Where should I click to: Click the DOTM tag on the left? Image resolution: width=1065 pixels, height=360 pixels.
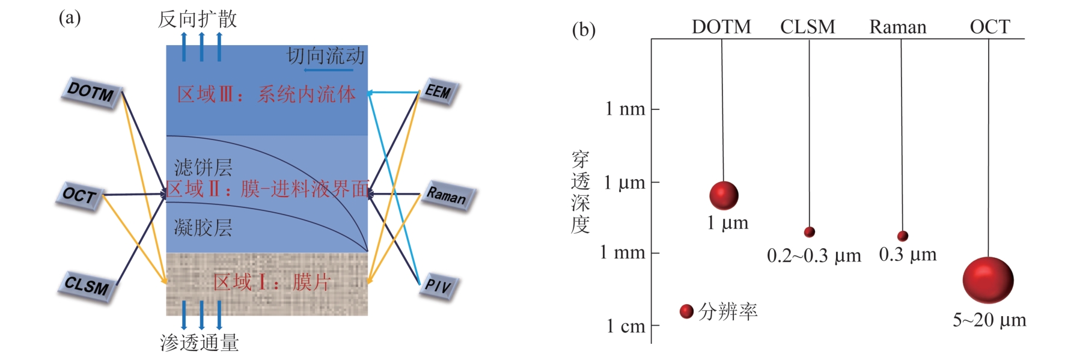pos(91,93)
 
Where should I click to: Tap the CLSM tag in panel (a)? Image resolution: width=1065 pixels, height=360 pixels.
pos(87,285)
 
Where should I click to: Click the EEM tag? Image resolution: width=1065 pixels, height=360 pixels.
pos(438,91)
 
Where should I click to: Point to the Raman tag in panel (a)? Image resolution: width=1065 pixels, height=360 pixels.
pos(447,195)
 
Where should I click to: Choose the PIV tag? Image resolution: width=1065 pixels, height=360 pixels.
pos(438,285)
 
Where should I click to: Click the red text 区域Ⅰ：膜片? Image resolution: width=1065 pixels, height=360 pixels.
pos(272,282)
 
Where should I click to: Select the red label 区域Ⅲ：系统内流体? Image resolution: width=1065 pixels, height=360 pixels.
pos(266,94)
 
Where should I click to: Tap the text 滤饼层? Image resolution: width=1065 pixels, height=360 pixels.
pos(203,167)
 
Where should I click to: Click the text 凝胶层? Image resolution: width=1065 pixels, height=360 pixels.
pos(203,228)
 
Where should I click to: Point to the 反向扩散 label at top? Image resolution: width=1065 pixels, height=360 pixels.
pos(197,19)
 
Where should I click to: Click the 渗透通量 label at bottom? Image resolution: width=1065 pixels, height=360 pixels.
pos(200,343)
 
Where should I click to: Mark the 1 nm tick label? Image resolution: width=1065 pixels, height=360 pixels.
pos(624,109)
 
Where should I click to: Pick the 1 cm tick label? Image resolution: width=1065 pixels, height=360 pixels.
pos(625,326)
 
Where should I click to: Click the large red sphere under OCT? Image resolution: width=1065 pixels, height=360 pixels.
pos(988,280)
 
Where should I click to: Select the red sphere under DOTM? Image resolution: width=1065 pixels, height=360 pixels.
pos(724,195)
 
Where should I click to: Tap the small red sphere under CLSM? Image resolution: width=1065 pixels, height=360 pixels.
pos(810,232)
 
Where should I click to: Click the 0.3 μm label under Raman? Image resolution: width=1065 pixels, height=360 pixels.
pos(908,255)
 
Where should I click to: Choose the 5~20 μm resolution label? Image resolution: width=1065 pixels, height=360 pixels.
pos(989,320)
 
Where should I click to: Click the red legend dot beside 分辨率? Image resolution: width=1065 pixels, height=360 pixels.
pos(686,311)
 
